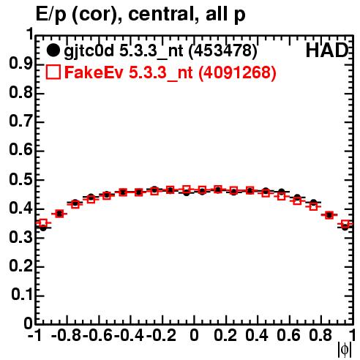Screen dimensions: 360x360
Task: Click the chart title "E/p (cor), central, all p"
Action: coord(140,15)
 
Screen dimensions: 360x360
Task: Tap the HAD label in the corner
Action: coord(327,50)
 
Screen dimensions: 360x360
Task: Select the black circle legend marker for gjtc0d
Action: coord(53,50)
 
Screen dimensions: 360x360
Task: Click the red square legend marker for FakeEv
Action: coord(53,72)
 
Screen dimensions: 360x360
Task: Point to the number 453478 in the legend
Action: coord(223,50)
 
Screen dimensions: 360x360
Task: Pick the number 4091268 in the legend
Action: coord(237,72)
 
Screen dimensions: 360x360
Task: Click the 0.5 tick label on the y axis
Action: coord(20,180)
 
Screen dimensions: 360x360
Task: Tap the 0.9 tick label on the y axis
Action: coord(20,64)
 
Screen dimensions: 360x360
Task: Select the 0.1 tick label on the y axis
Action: coord(22,295)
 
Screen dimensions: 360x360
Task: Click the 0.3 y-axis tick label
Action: coord(20,237)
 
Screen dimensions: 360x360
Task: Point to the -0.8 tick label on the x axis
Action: coord(66,336)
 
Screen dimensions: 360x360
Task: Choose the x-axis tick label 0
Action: coord(194,336)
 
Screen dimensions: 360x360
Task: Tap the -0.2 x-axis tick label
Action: coord(161,336)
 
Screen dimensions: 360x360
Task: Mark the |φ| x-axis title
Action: coord(345,350)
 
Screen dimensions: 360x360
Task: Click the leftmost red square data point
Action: coord(43,222)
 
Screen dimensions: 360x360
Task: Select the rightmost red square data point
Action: coord(345,224)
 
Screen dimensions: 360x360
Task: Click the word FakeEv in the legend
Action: coord(94,72)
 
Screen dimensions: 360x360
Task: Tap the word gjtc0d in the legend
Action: coord(89,51)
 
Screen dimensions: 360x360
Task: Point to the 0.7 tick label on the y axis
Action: coord(20,121)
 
